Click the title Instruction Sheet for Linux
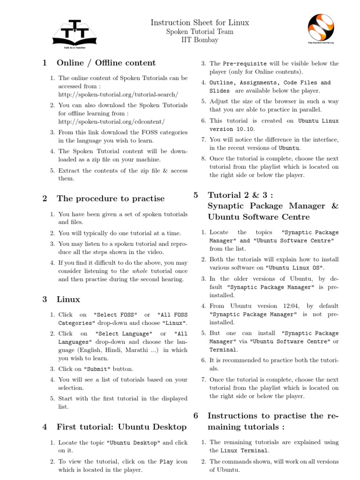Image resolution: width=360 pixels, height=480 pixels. point(200,22)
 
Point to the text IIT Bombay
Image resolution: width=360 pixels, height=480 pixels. point(200,40)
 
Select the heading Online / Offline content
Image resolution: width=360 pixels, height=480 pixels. point(106,63)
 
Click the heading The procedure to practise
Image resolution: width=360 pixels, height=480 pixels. point(111,199)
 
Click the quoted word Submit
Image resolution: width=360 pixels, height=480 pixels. point(98,369)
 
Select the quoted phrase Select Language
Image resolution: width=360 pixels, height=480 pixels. point(124,334)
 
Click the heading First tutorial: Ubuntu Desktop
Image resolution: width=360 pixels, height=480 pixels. point(121,427)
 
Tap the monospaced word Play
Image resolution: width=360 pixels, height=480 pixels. point(166,461)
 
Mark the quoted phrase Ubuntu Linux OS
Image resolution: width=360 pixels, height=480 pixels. point(295,268)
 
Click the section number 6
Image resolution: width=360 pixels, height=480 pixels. point(196,416)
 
